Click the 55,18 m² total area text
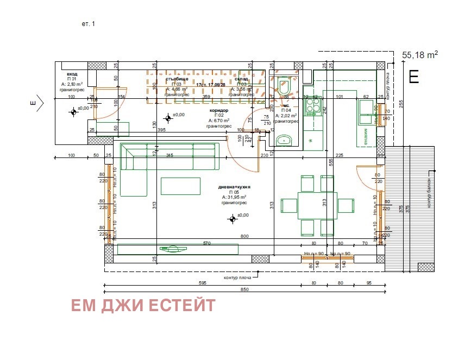tap(419, 55)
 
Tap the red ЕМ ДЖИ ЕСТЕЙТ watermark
tap(143, 306)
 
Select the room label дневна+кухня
tap(234, 187)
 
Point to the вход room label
tap(72, 74)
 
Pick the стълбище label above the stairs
tap(177, 79)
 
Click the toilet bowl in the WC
tap(284, 86)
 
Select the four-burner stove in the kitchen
tap(313, 106)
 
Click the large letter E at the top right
tap(413, 77)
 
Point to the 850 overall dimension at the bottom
tap(244, 289)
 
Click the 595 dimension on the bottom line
tap(203, 283)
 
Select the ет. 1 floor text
tap(88, 24)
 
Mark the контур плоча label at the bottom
tap(238, 277)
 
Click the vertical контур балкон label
tap(429, 193)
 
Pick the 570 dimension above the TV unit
tap(206, 243)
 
